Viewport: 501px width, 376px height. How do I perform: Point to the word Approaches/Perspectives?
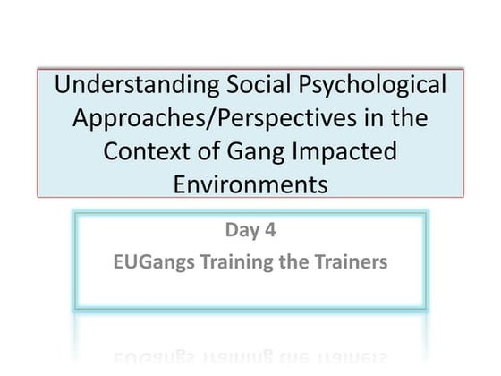click(x=214, y=118)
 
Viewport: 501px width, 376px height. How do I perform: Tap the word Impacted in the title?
click(x=341, y=150)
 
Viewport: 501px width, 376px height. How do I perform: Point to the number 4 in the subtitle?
click(x=269, y=232)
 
